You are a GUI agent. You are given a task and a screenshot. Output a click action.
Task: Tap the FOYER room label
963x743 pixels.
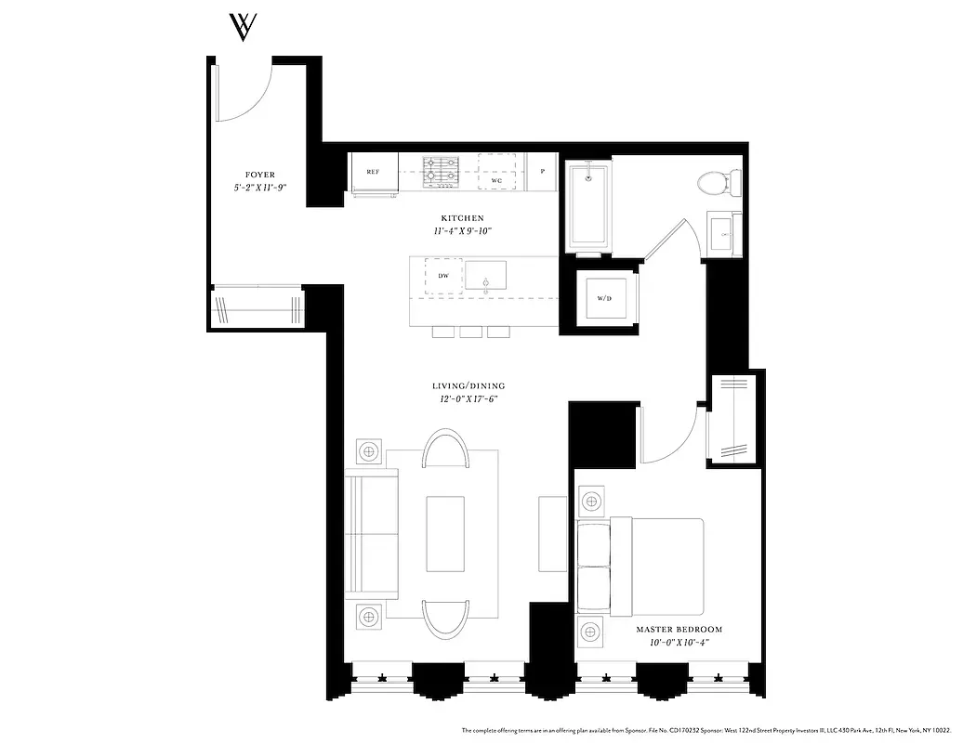pyautogui.click(x=260, y=175)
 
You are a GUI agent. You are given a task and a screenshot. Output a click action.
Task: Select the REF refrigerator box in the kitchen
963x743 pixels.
pyautogui.click(x=374, y=173)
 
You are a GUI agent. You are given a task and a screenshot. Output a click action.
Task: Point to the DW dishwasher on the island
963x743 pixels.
pyautogui.click(x=444, y=277)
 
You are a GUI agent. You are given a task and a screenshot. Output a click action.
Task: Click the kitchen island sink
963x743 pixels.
pyautogui.click(x=486, y=276)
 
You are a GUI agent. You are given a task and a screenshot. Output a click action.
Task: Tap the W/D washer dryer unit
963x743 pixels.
pyautogui.click(x=605, y=298)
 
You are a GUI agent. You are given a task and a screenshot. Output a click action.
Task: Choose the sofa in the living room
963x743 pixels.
pyautogui.click(x=372, y=534)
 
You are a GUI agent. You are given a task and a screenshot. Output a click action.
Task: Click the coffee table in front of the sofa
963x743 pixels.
pyautogui.click(x=444, y=534)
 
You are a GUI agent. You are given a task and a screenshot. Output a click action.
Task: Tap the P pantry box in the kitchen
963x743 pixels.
pyautogui.click(x=541, y=172)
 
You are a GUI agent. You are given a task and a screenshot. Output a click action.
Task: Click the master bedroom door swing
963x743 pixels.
pyautogui.click(x=667, y=433)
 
